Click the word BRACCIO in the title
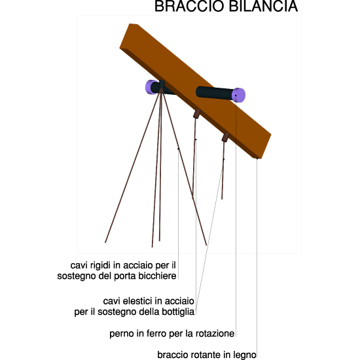point(189,6)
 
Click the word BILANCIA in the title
point(264,6)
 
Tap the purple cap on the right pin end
point(238,95)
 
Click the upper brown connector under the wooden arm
point(197,114)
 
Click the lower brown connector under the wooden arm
point(225,137)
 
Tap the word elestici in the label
point(133,301)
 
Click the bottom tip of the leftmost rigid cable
point(105,242)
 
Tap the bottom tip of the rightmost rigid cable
point(206,245)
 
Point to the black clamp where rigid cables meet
point(162,84)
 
